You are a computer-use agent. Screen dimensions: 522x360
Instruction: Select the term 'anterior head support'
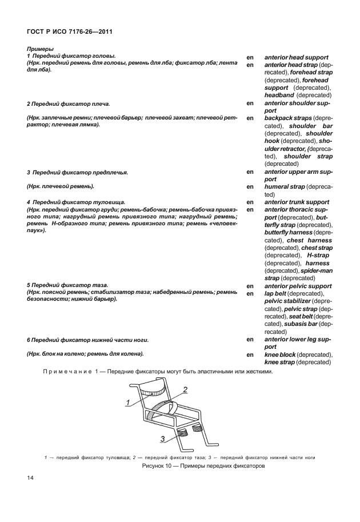296,58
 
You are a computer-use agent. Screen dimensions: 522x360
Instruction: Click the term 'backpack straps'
287,118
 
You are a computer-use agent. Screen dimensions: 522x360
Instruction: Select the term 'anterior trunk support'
297,202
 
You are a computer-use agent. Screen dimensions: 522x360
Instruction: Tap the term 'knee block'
280,354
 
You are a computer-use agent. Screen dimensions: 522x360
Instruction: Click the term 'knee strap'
280,362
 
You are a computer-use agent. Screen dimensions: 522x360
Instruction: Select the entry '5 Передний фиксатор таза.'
67,285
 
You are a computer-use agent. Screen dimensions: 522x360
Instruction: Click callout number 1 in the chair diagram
129,403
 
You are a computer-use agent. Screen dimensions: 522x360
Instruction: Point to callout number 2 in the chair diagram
186,389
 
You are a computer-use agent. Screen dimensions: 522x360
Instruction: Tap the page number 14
30,478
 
